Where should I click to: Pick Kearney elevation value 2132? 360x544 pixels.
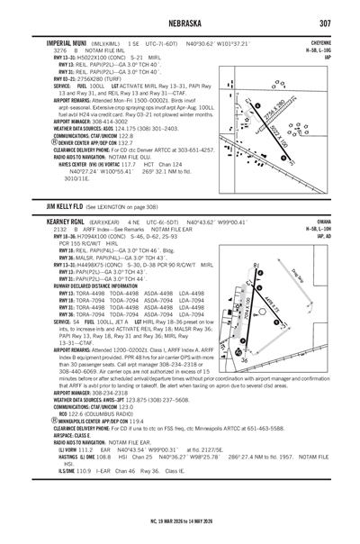(36, 228)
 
